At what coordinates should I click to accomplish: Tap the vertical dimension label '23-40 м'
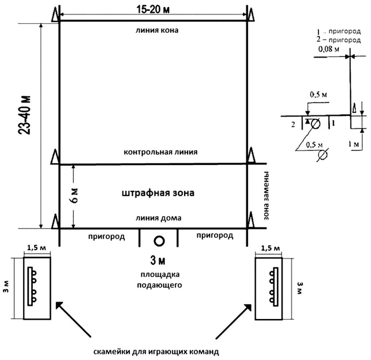25,115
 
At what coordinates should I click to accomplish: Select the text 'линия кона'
157,30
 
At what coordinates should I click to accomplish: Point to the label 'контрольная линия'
160,152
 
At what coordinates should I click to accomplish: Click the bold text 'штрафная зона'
158,193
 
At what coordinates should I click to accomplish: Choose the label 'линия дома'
158,217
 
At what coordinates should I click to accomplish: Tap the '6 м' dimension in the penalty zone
74,196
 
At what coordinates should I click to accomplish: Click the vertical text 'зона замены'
266,195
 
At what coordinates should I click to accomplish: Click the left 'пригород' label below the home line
106,236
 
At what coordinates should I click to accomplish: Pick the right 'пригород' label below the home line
215,236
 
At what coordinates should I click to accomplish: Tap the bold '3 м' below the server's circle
158,260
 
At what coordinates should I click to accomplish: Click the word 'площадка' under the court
160,274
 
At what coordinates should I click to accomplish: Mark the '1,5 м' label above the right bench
270,248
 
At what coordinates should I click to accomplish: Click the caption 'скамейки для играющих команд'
156,352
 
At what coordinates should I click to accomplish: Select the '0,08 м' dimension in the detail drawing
329,49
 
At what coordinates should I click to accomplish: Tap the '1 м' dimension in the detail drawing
353,144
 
